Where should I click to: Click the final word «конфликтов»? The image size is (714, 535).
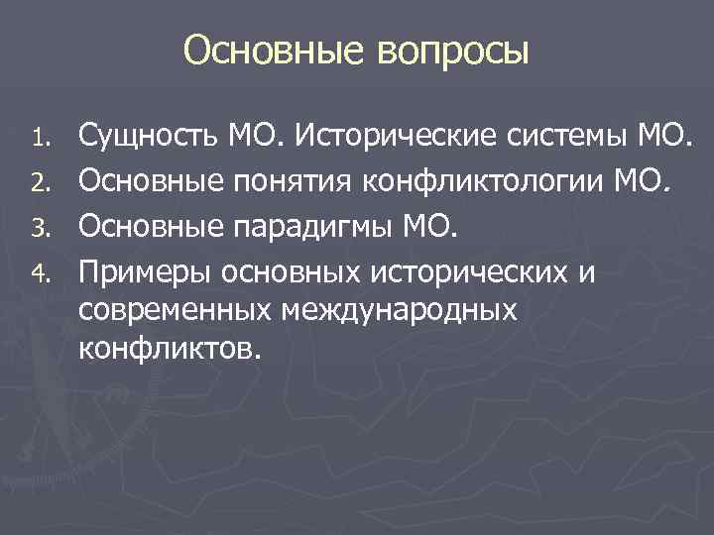[x=169, y=349]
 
